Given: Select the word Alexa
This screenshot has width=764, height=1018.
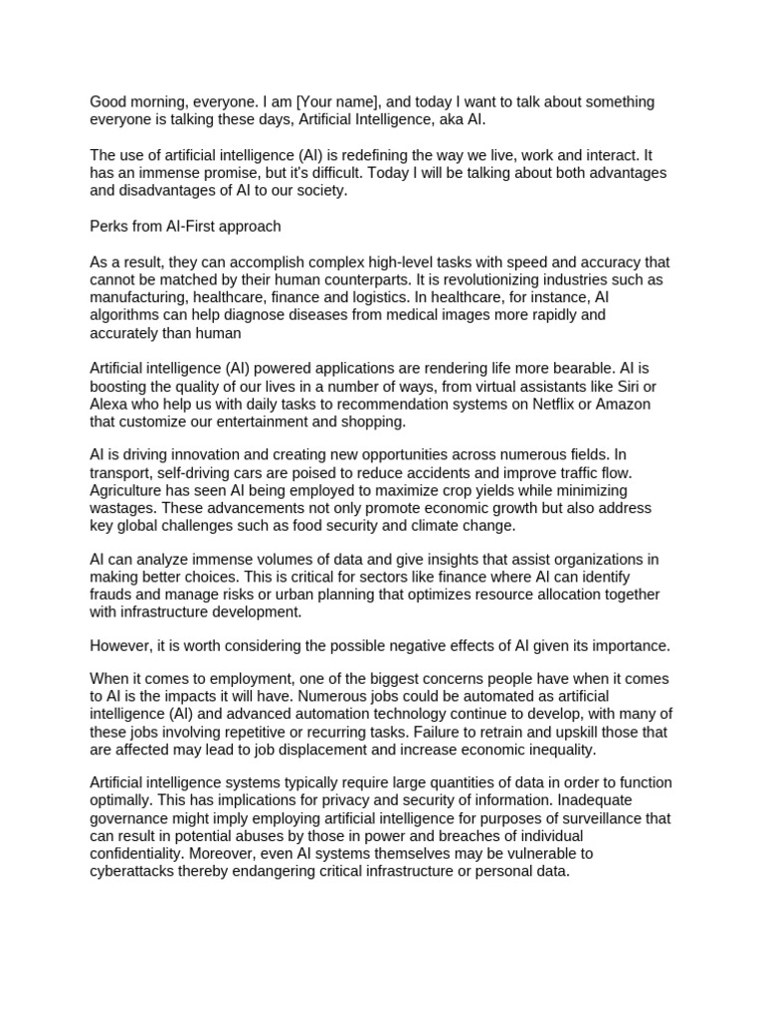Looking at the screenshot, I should pyautogui.click(x=110, y=404).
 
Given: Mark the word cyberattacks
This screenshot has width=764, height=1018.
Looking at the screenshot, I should pyautogui.click(x=136, y=871).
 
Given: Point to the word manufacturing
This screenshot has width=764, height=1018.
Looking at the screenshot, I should pyautogui.click(x=138, y=298).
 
